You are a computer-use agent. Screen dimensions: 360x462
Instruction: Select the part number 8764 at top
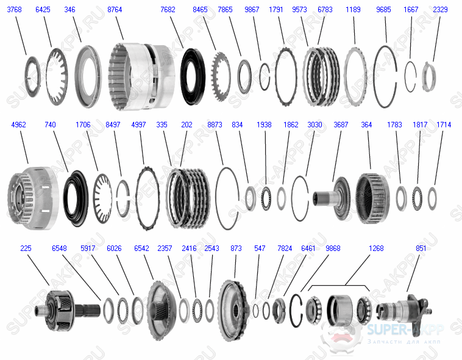tap(115, 10)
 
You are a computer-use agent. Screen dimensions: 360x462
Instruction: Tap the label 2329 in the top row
tap(440, 10)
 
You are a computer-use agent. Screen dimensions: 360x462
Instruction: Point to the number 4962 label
tap(19, 125)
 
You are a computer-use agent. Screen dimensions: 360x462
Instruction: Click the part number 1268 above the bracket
tap(376, 249)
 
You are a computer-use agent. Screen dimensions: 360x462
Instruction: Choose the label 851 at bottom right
tap(421, 249)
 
